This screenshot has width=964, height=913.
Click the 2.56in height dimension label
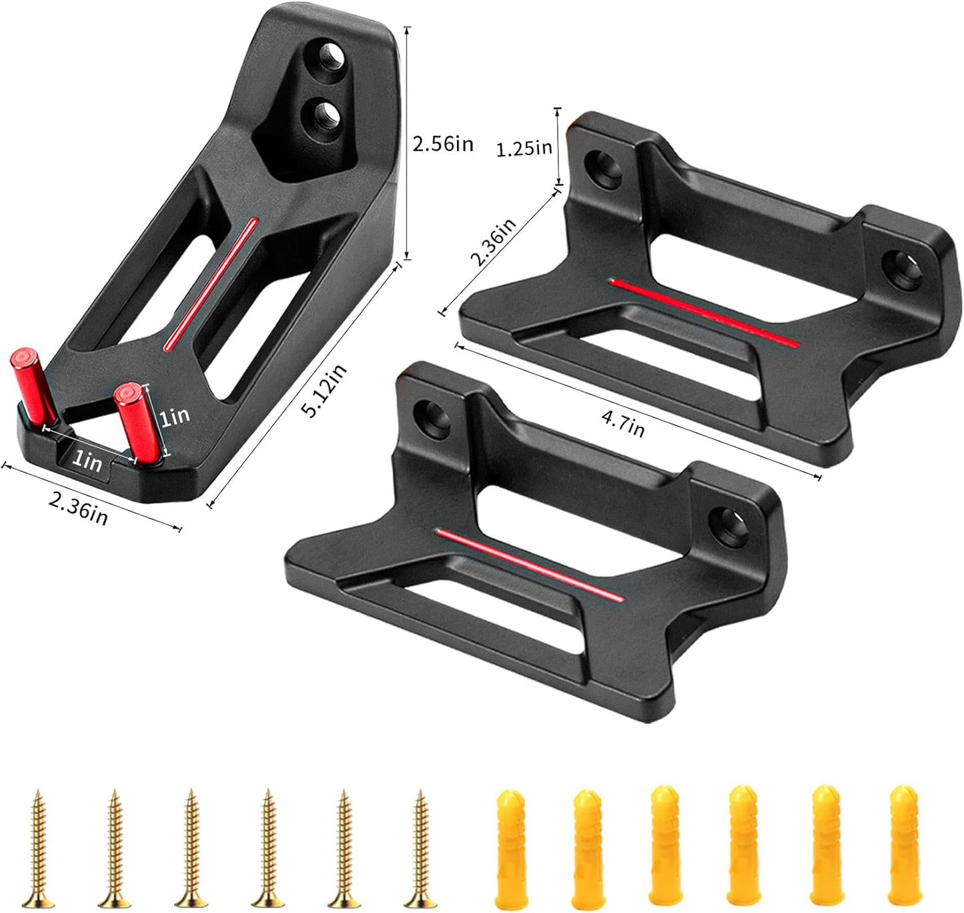coord(443,144)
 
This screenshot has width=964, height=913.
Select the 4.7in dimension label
coord(623,424)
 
